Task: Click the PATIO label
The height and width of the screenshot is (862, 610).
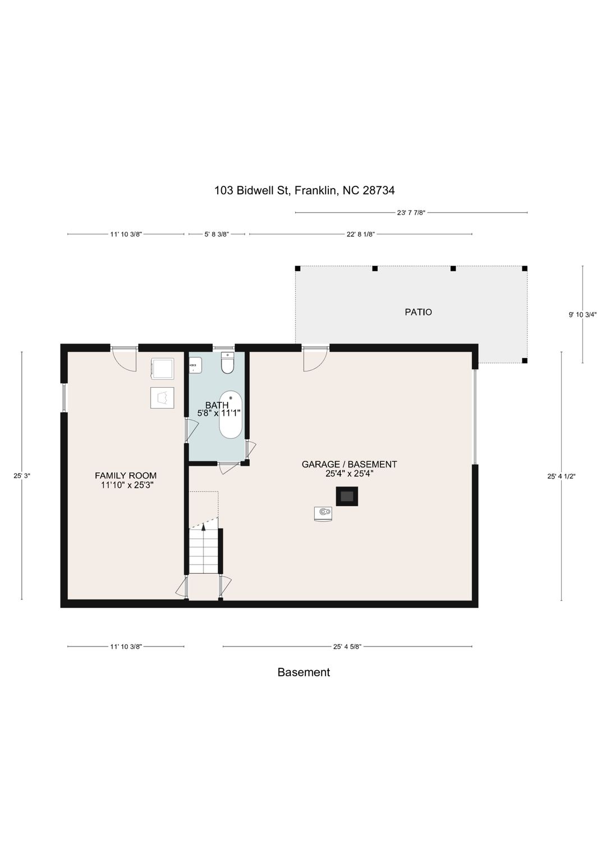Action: (418, 312)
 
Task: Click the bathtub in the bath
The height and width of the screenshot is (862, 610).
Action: (231, 415)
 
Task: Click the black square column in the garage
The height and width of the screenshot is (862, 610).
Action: (347, 496)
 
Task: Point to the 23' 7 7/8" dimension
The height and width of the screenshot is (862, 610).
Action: (411, 213)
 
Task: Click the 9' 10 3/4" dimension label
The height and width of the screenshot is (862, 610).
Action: (583, 315)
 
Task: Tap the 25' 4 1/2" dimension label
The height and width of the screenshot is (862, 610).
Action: (562, 476)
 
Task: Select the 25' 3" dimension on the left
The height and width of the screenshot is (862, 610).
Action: (21, 476)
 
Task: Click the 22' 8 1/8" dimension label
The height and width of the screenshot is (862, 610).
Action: (361, 234)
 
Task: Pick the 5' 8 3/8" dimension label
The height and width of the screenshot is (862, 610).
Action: (217, 234)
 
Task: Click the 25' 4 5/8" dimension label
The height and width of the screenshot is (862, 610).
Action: (347, 647)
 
